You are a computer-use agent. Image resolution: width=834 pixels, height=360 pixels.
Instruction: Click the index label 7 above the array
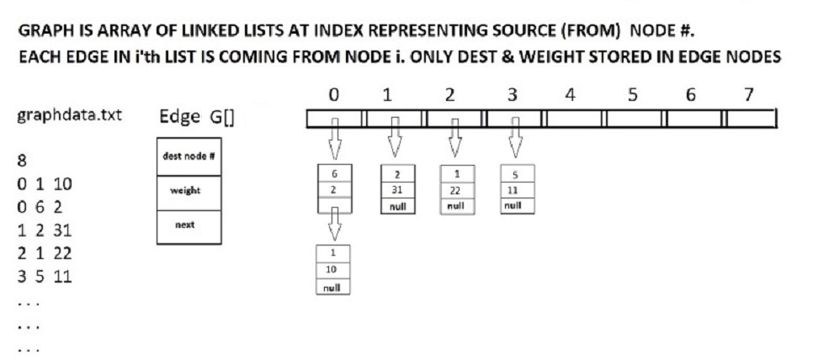click(748, 95)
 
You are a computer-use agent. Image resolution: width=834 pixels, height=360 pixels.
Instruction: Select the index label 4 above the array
click(571, 95)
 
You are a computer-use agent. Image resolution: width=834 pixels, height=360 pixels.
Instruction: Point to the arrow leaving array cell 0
click(335, 138)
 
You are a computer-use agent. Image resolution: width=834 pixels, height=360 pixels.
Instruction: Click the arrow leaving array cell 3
click(515, 137)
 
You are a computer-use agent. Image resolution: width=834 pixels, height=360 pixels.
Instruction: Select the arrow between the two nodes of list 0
click(335, 224)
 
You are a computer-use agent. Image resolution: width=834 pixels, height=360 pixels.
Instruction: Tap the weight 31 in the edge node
click(397, 190)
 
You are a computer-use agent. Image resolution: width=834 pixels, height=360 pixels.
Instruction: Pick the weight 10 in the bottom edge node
click(331, 270)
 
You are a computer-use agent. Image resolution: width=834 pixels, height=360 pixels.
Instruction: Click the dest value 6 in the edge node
click(334, 173)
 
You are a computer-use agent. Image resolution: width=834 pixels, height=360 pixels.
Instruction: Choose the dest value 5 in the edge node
click(515, 174)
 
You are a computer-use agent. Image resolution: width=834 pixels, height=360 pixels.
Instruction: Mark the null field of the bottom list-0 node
click(332, 288)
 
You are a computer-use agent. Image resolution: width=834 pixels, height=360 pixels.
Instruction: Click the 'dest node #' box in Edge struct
click(189, 156)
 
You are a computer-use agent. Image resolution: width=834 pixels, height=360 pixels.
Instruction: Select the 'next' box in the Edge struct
click(189, 227)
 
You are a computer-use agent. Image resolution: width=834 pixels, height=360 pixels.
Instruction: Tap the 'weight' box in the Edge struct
click(189, 193)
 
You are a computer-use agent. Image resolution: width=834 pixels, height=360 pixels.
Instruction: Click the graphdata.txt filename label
click(70, 115)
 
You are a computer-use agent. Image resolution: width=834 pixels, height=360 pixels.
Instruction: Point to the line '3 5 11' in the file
click(45, 277)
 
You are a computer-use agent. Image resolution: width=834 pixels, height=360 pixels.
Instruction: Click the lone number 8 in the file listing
click(22, 161)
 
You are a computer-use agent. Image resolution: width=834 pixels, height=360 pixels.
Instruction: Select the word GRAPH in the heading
click(44, 31)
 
